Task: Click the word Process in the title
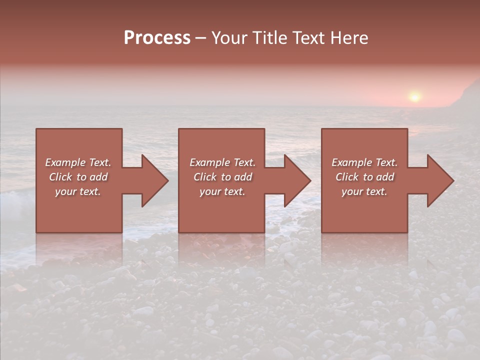tap(157, 38)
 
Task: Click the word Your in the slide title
tap(229, 38)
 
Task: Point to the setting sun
tap(414, 97)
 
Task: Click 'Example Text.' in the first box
tap(78, 162)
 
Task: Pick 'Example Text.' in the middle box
tap(222, 162)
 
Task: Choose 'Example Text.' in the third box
tap(364, 162)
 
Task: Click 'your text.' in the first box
tap(78, 191)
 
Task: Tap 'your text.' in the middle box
tap(222, 191)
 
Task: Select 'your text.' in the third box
tap(364, 191)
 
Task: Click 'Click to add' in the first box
tap(78, 177)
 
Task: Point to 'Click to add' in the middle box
tap(222, 177)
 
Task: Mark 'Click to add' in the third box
tap(364, 177)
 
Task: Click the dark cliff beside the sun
tap(467, 95)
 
